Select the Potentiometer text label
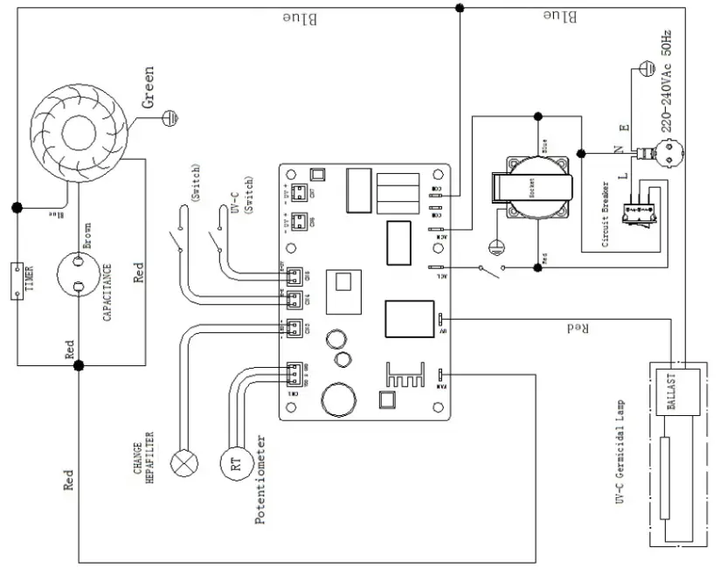click(260, 481)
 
